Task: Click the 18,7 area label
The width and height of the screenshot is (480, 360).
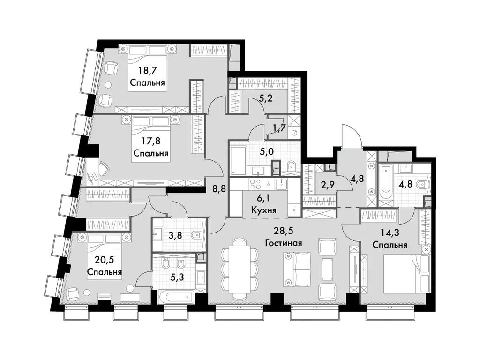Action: [x=147, y=71]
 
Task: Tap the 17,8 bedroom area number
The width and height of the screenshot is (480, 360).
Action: [x=150, y=141]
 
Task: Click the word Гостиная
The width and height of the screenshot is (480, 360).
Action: [x=283, y=243]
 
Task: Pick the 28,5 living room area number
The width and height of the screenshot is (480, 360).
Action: [x=283, y=231]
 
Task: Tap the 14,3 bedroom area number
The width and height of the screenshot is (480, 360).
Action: [x=390, y=232]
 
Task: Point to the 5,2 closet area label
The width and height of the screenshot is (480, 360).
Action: [x=266, y=99]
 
